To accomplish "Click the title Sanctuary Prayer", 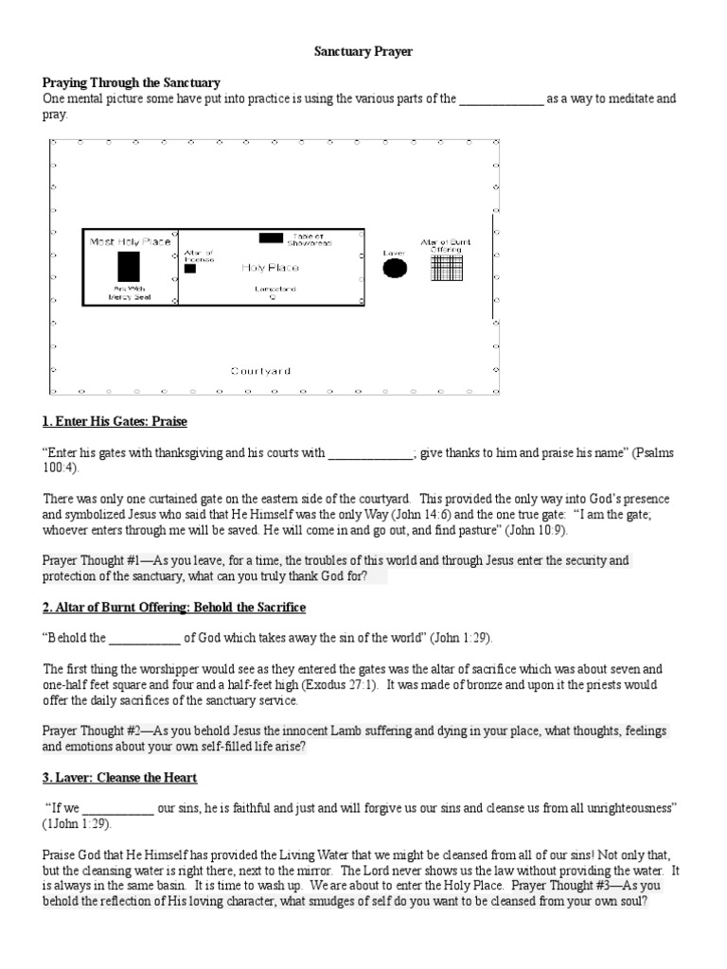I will (x=363, y=52).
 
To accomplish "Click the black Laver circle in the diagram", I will (x=394, y=268).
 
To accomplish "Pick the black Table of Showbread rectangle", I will (x=271, y=238).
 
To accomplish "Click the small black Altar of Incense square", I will (x=190, y=269).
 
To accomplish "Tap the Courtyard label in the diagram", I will (x=260, y=370).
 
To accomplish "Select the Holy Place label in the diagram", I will (x=270, y=269).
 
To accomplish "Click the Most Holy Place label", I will (x=130, y=242).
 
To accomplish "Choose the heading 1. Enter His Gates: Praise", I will (x=121, y=420).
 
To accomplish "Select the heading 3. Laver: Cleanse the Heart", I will (x=119, y=778).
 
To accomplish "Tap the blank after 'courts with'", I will (x=371, y=453).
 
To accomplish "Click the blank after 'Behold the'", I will (x=144, y=639).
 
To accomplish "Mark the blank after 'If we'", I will (x=117, y=810).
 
